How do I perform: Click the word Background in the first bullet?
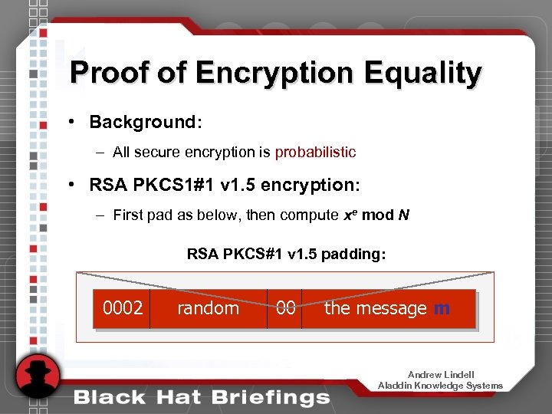pos(143,122)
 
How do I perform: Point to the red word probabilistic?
pos(315,152)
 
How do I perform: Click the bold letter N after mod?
pos(404,215)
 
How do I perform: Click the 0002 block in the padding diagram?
pos(123,308)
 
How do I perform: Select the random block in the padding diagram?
pos(208,308)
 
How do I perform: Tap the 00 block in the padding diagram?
pos(285,308)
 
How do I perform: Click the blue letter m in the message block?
pos(442,308)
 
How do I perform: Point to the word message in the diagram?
pos(396,308)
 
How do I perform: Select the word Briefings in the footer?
pos(274,397)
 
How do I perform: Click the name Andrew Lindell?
pos(440,375)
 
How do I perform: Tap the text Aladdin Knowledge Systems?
pos(440,386)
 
